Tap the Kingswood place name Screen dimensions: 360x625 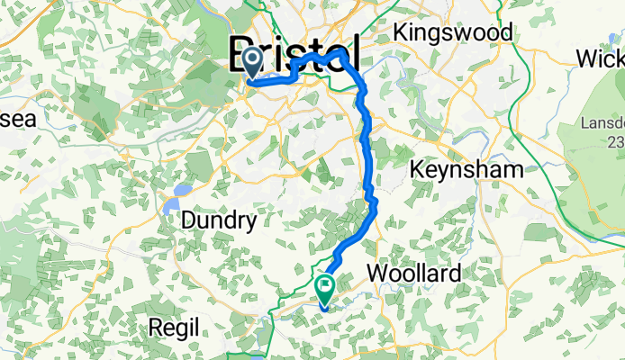pyautogui.click(x=454, y=32)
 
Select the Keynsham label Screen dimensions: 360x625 pyautogui.click(x=466, y=168)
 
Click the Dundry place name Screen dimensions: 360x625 pyautogui.click(x=220, y=220)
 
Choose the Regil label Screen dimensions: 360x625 pyautogui.click(x=173, y=329)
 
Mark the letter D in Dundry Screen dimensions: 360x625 pyautogui.click(x=189, y=220)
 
